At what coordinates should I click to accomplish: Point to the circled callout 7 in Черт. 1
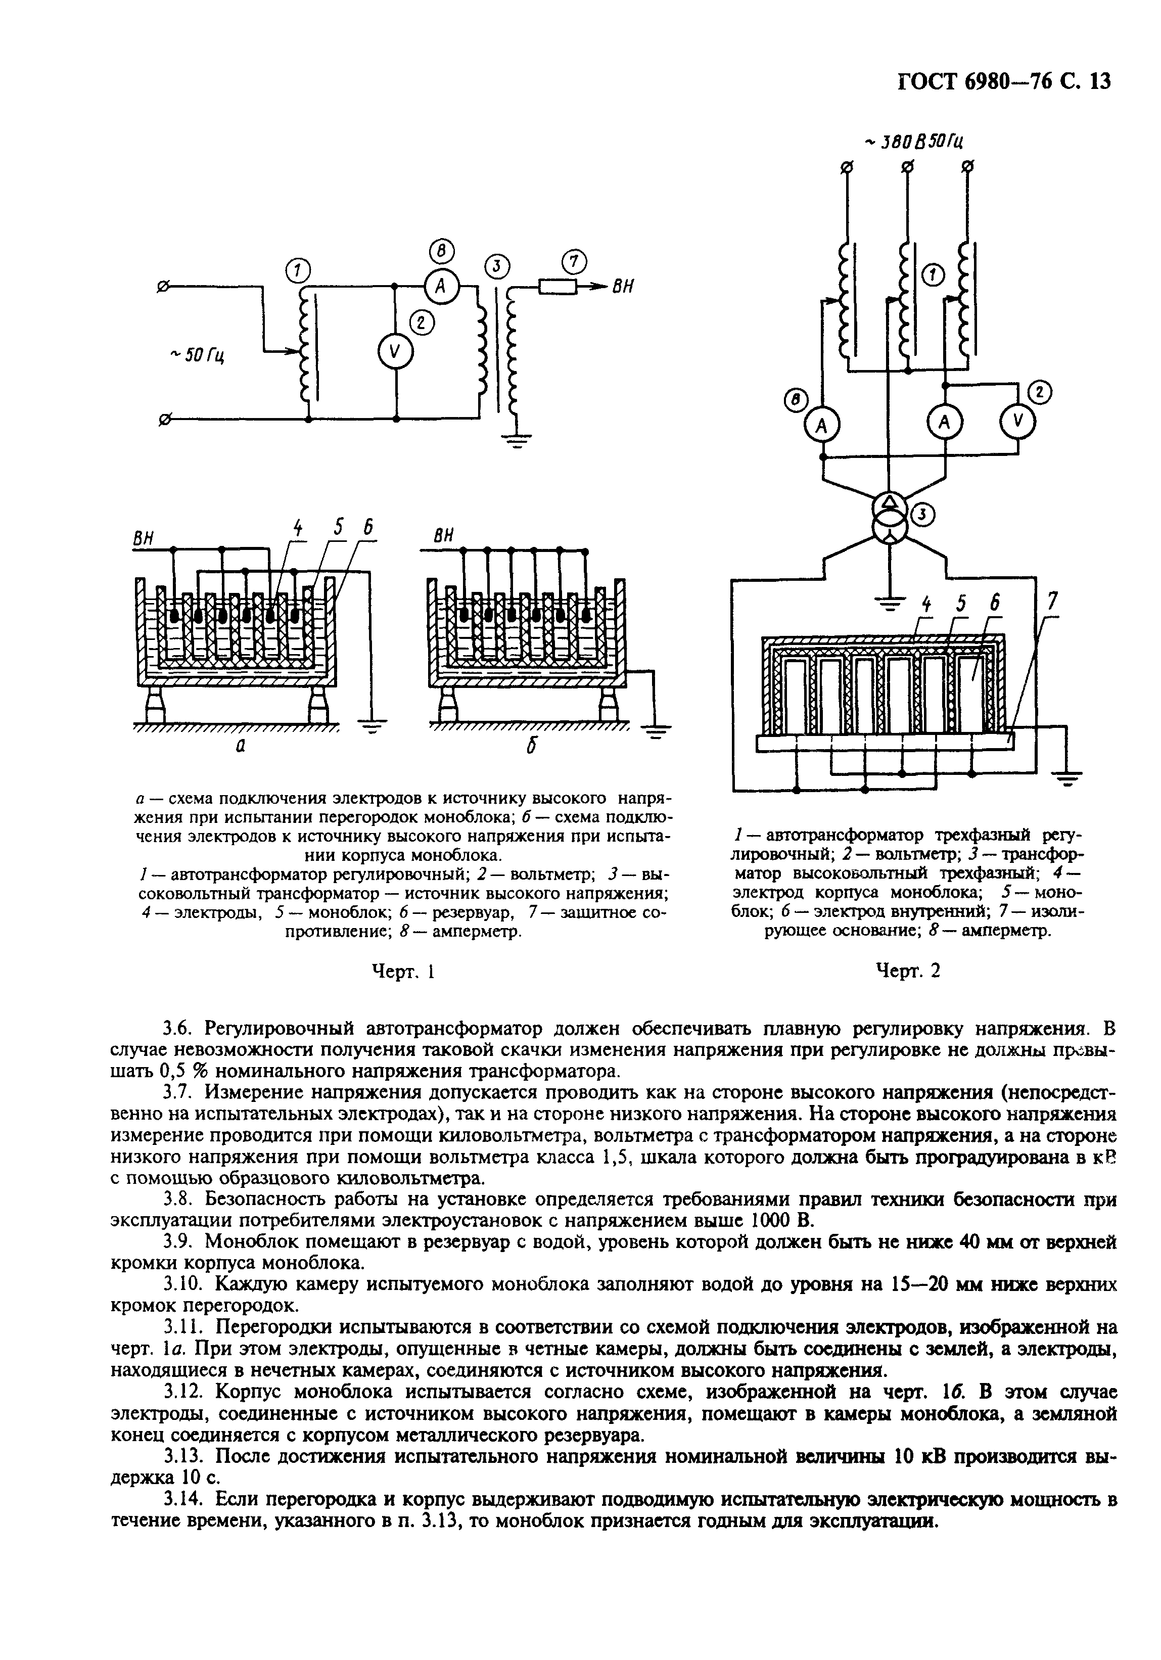click(574, 260)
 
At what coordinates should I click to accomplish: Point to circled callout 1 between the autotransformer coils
click(934, 275)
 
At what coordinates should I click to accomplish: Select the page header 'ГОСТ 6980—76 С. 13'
click(1005, 81)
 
